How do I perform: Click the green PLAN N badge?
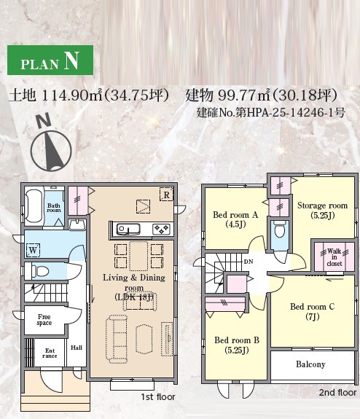click(x=50, y=60)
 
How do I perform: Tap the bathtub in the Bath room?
click(x=34, y=206)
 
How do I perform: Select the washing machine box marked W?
click(x=33, y=250)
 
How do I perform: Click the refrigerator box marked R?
click(x=166, y=195)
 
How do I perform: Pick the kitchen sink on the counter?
click(x=128, y=230)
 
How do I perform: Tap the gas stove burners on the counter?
click(x=162, y=230)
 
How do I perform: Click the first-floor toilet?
click(x=40, y=271)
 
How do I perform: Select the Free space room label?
click(x=44, y=320)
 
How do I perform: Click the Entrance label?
click(x=50, y=353)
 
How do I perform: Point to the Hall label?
click(x=77, y=348)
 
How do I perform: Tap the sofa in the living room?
click(x=117, y=339)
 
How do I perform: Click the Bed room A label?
click(x=235, y=219)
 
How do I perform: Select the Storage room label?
click(x=323, y=210)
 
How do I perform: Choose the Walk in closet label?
click(x=334, y=257)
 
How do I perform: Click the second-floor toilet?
click(x=280, y=230)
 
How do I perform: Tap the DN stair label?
click(x=249, y=262)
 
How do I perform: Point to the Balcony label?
click(x=310, y=364)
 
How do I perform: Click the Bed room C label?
click(x=312, y=311)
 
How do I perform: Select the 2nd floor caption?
click(x=338, y=392)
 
